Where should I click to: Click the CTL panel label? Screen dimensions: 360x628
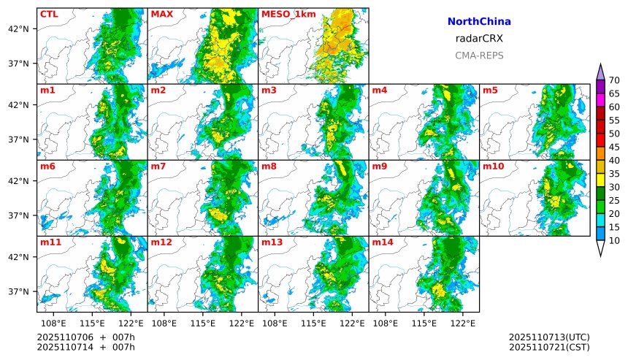(49, 14)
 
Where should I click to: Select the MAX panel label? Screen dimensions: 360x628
(161, 14)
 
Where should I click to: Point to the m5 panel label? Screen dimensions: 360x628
(490, 91)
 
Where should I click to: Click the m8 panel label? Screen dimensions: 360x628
(269, 166)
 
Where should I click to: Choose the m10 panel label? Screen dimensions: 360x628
(493, 166)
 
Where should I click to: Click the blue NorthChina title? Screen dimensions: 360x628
(479, 22)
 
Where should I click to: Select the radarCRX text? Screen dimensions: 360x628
(479, 39)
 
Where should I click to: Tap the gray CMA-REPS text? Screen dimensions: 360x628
(479, 55)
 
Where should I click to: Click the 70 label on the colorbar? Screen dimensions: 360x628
(614, 80)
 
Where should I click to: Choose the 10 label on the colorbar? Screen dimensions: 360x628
(614, 241)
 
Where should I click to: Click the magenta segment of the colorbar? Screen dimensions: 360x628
(600, 99)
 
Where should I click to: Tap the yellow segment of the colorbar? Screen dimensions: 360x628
(600, 180)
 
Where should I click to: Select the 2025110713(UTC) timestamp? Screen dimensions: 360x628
(549, 337)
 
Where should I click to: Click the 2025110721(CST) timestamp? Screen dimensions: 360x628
(549, 346)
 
